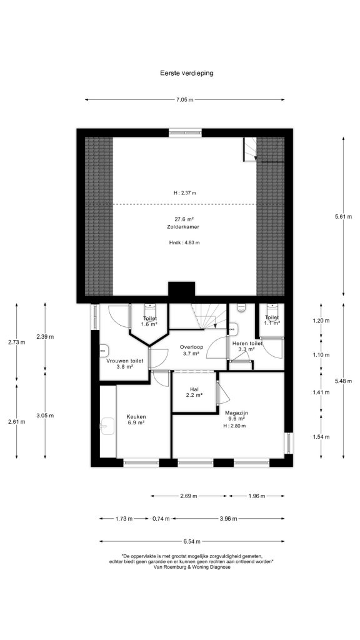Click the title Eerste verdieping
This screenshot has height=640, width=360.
click(x=186, y=74)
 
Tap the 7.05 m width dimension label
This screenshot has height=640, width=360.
click(x=185, y=99)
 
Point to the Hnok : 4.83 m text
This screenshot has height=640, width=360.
click(x=184, y=242)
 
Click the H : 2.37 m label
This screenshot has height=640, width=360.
click(x=184, y=193)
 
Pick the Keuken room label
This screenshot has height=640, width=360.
click(x=136, y=417)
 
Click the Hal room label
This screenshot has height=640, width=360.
click(x=194, y=389)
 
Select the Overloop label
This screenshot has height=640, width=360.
click(x=189, y=347)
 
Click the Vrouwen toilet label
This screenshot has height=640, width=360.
click(x=125, y=361)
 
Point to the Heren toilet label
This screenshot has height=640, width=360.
click(x=244, y=343)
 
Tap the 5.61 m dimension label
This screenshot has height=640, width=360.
click(x=343, y=217)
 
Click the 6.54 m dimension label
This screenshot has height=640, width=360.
click(x=192, y=542)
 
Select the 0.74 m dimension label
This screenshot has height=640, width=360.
click(x=161, y=519)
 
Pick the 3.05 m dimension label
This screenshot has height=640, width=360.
click(x=45, y=416)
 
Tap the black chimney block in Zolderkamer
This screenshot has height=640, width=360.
click(x=182, y=292)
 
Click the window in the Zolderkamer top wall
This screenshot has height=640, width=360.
click(x=185, y=132)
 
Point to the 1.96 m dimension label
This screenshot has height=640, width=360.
click(x=257, y=496)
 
